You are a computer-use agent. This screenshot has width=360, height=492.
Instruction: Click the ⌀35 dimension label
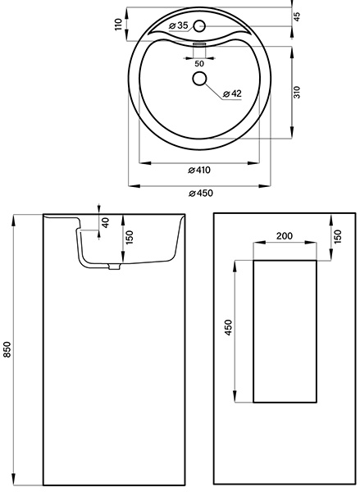click(178, 25)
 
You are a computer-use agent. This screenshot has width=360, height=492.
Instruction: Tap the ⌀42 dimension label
click(232, 93)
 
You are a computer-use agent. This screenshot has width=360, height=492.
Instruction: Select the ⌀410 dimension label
click(199, 170)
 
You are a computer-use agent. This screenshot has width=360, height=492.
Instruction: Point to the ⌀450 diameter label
click(201, 193)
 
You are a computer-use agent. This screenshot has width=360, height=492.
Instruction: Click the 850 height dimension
click(7, 349)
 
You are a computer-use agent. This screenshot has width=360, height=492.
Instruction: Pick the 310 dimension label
click(297, 92)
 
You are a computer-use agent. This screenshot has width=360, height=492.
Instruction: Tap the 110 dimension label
click(118, 24)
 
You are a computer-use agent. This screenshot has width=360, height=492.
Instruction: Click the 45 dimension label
click(297, 16)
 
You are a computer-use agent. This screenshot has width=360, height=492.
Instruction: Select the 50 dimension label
click(199, 64)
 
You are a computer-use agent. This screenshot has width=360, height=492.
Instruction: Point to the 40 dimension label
click(106, 222)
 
